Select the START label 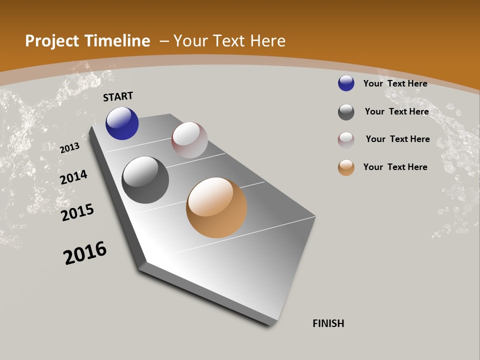(118, 96)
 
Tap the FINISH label (328, 323)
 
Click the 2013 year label (70, 147)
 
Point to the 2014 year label (73, 177)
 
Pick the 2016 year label (85, 252)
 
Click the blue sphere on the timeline (122, 123)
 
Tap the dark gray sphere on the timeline (145, 180)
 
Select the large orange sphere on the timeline (216, 207)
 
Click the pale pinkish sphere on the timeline (189, 140)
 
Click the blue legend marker (346, 83)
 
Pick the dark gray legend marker (346, 112)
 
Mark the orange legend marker (346, 167)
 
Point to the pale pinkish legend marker (346, 140)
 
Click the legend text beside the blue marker (395, 83)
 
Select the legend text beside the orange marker (395, 167)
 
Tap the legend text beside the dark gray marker (396, 111)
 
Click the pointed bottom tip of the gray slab (272, 322)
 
